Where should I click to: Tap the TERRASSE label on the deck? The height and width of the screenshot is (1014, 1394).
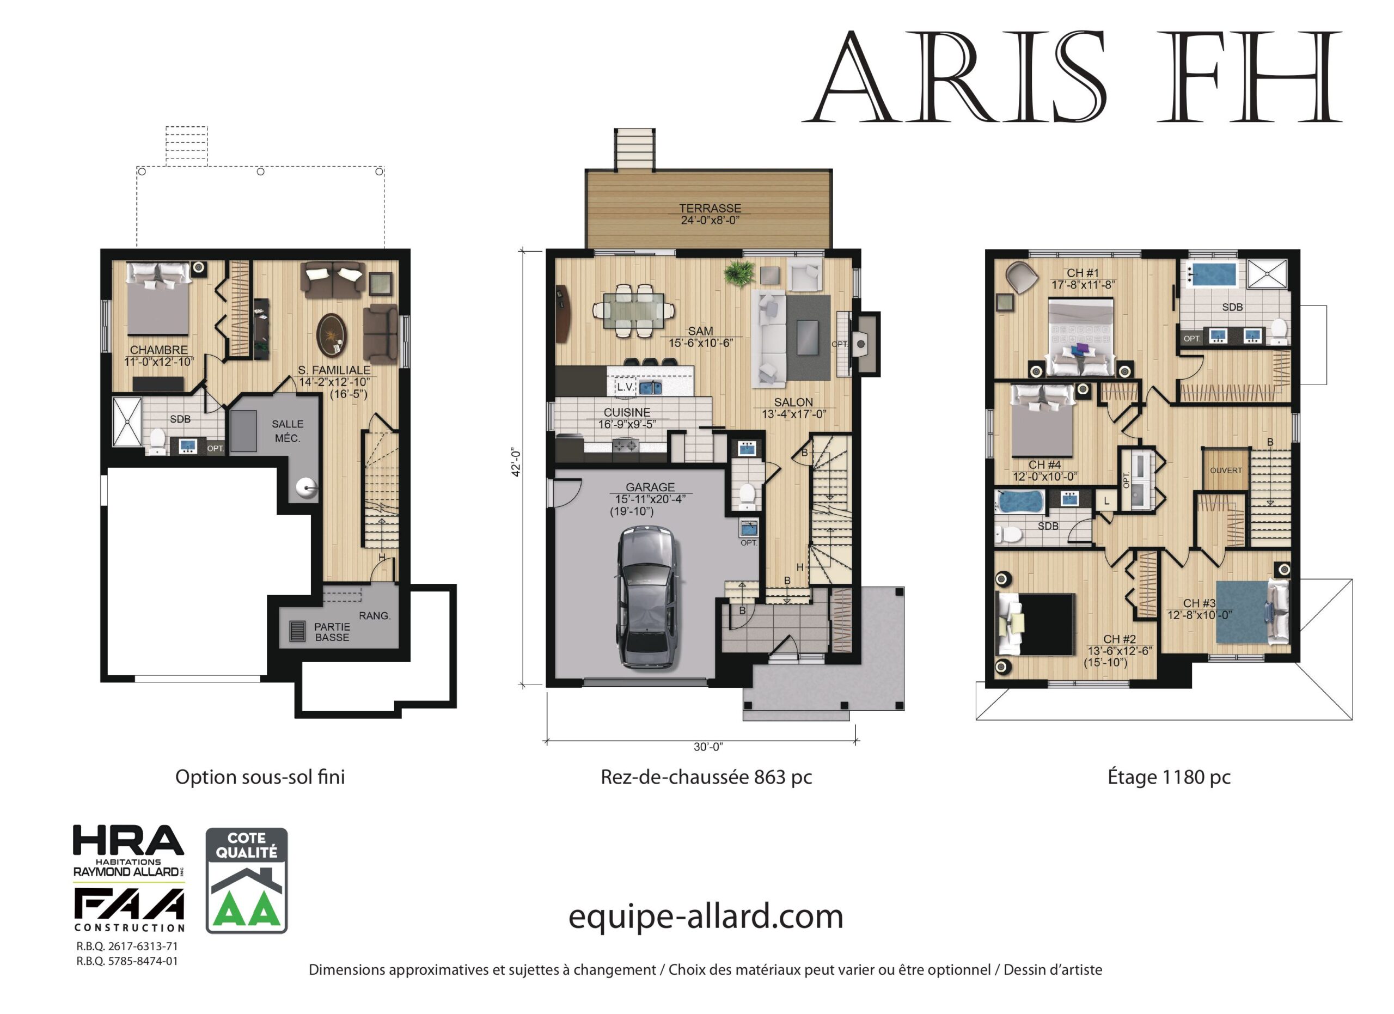point(710,209)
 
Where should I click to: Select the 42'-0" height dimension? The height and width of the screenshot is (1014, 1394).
point(517,463)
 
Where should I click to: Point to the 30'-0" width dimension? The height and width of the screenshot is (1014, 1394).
point(708,747)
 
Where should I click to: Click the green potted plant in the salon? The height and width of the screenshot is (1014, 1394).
point(739,272)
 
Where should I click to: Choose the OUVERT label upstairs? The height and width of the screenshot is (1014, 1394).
point(1226,471)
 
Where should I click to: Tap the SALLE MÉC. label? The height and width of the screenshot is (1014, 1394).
point(288,431)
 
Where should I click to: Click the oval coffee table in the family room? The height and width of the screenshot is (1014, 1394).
point(332,334)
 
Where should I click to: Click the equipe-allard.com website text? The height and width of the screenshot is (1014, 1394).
point(706,917)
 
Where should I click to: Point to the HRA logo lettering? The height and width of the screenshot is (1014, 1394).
point(129,840)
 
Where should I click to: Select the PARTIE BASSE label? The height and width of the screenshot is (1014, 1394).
point(332,632)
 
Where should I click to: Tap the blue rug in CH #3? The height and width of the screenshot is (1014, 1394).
point(1242,612)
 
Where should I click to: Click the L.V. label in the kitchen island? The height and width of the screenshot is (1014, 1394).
point(626,387)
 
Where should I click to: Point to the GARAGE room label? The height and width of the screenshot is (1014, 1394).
point(650,487)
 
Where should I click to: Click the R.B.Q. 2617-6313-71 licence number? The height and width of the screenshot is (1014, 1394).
point(127,946)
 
